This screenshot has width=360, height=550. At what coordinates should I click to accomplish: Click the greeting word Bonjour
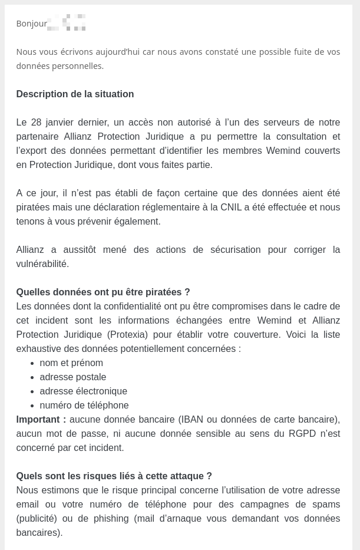click(x=31, y=24)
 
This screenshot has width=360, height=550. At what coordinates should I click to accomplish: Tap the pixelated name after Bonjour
click(x=67, y=23)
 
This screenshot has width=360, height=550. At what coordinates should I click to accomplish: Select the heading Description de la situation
click(x=75, y=94)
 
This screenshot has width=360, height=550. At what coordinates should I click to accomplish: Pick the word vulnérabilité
click(x=42, y=264)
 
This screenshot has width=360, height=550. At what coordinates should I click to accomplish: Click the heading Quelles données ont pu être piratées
click(x=103, y=292)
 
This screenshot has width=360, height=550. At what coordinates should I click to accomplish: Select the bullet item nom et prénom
click(x=71, y=363)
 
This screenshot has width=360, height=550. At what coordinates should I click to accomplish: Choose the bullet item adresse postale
click(x=73, y=377)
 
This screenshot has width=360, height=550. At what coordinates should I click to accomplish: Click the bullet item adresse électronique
click(x=83, y=391)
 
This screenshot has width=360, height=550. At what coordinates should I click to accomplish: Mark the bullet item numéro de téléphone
click(x=84, y=406)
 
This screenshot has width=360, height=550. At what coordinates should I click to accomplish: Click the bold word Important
click(x=41, y=420)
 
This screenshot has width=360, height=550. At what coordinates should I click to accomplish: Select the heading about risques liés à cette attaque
click(x=114, y=476)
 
